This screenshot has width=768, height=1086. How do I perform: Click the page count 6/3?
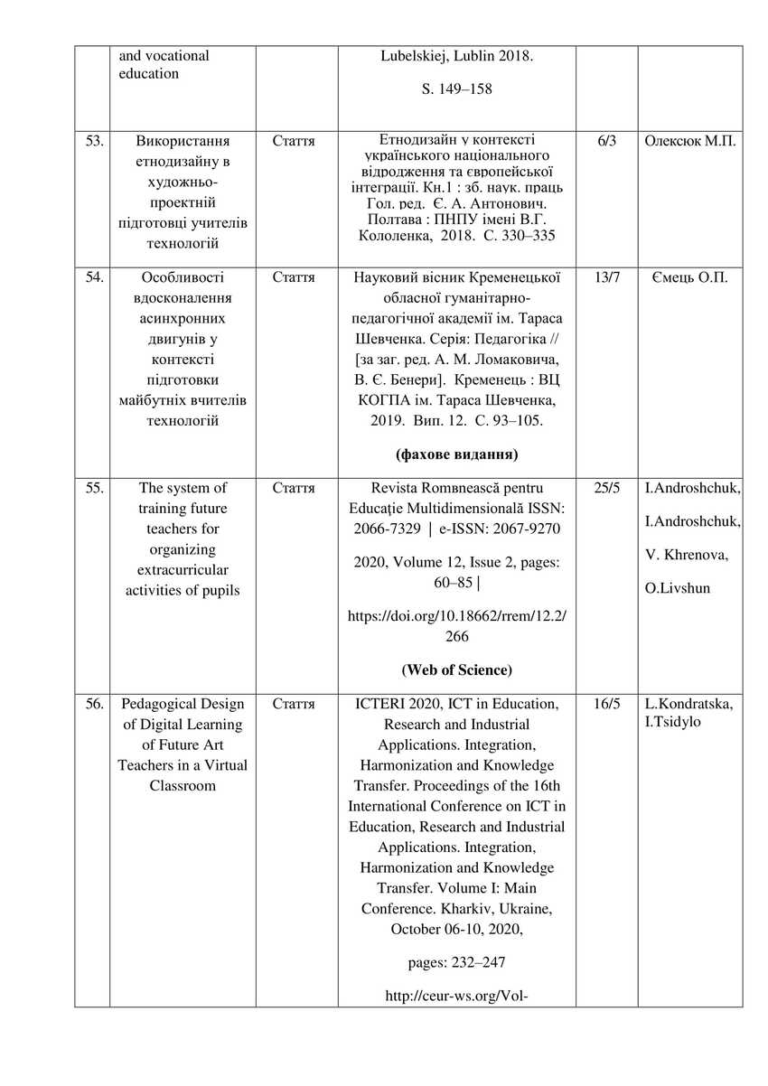[606, 142]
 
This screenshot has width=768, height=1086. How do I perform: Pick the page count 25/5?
[606, 489]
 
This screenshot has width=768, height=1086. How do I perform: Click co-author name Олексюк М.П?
[690, 142]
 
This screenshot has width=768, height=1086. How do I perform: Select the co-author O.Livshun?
[678, 588]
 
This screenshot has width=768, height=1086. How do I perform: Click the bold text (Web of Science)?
[456, 670]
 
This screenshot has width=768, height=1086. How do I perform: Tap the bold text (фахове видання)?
[456, 454]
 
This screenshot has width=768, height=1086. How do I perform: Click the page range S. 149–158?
[456, 90]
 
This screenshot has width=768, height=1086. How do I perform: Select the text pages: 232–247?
[456, 962]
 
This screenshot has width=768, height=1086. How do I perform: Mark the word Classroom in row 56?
[183, 786]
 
